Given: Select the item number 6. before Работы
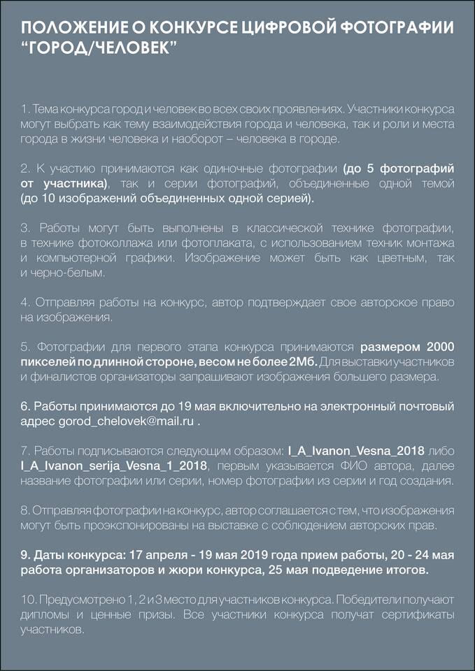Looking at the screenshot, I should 25,407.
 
